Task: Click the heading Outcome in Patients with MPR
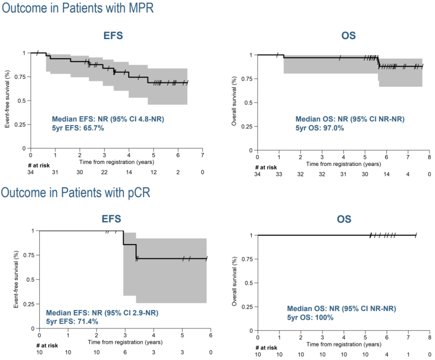pos(78,8)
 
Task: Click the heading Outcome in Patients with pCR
pos(76,192)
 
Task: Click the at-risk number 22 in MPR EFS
pos(104,172)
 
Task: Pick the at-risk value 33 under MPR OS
pos(279,174)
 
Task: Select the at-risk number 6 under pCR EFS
pos(125,352)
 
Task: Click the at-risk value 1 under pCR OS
pos(408,354)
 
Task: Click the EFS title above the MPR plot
pos(113,35)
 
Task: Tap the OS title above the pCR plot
pos(344,219)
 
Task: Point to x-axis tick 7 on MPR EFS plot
pos(202,155)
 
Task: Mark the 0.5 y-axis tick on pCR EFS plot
pos(32,279)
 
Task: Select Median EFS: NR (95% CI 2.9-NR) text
pos(102,312)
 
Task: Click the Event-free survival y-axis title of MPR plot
pos(8,101)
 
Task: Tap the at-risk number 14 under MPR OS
pos(386,174)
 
